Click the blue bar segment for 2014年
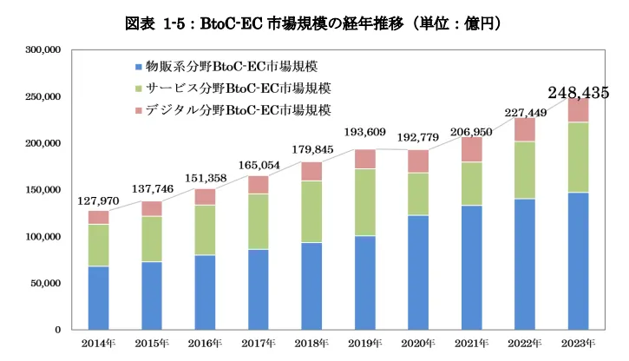click(98, 298)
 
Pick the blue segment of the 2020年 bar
click(419, 272)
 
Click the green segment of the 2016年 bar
click(205, 230)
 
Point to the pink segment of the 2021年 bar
click(472, 149)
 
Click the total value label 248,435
click(579, 93)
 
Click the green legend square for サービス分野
click(141, 89)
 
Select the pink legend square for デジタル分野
click(141, 110)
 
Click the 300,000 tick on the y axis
click(42, 49)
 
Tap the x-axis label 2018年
click(311, 345)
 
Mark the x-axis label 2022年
click(525, 345)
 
